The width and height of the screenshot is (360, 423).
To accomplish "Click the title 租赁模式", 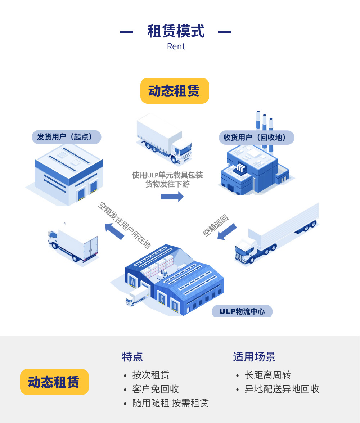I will [x=176, y=32].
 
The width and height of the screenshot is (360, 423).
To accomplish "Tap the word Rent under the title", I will [x=176, y=46].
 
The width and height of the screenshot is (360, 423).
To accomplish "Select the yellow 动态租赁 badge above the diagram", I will [x=175, y=91].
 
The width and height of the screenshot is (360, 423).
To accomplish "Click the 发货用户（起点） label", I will [x=67, y=137].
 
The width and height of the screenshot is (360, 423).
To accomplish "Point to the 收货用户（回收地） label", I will [x=257, y=138].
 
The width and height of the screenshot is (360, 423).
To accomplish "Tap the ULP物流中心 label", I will [x=242, y=311].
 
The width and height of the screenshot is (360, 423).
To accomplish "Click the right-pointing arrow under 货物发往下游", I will [x=172, y=197].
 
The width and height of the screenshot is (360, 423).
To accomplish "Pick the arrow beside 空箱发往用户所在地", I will [x=114, y=231].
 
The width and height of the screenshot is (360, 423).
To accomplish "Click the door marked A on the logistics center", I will [x=132, y=282].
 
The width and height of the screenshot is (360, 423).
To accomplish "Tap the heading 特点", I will [x=132, y=357].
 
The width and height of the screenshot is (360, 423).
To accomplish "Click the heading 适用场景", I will [x=254, y=357].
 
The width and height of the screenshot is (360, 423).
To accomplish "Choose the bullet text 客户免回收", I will [x=156, y=389].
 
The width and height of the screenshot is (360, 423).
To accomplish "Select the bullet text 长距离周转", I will [x=268, y=375].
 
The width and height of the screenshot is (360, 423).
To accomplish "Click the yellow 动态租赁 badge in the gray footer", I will [x=54, y=382].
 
